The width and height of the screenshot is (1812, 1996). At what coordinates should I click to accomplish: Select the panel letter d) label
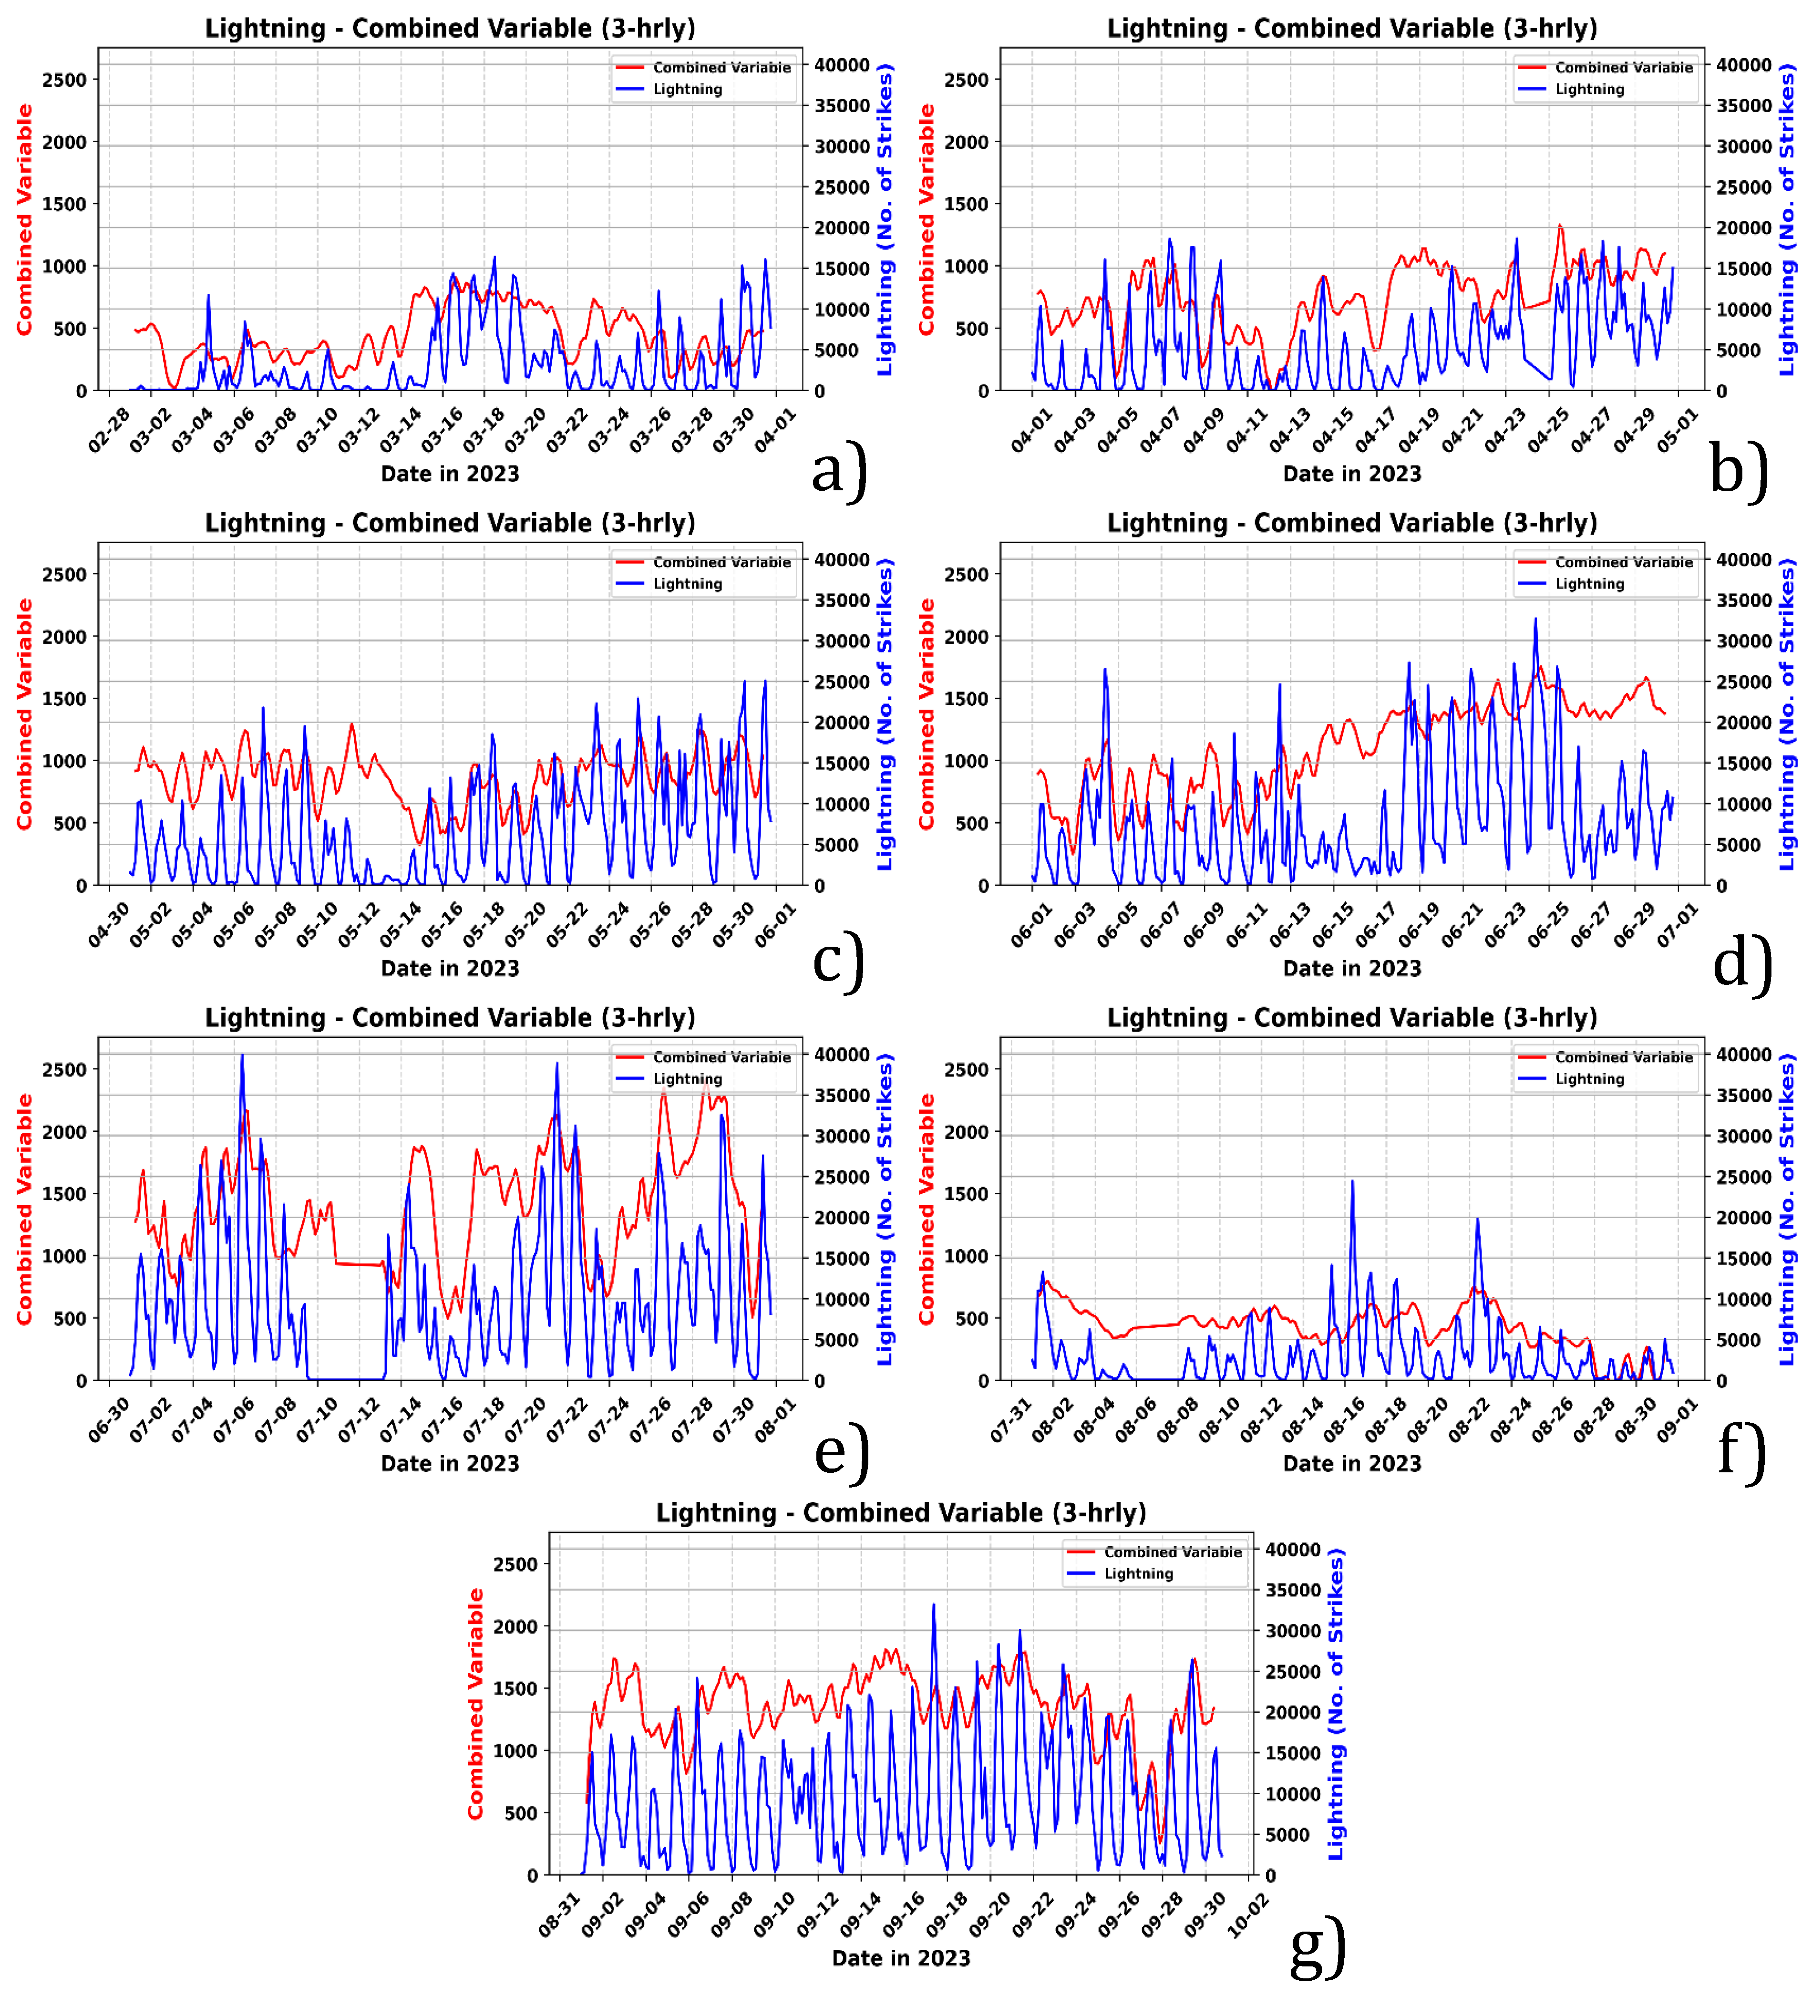pos(1742,962)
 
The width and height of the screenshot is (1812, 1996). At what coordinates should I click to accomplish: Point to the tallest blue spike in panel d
pos(1535,620)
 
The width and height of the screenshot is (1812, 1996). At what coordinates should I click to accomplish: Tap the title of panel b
pos(1352,28)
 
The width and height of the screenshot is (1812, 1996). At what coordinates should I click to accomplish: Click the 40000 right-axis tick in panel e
pos(841,1055)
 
